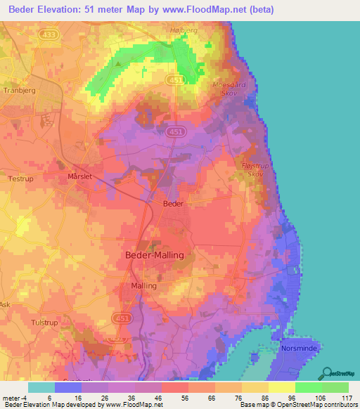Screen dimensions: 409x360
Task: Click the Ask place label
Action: (5, 304)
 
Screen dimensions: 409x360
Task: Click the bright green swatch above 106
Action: (308, 387)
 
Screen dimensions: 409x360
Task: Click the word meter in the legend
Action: (11, 398)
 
